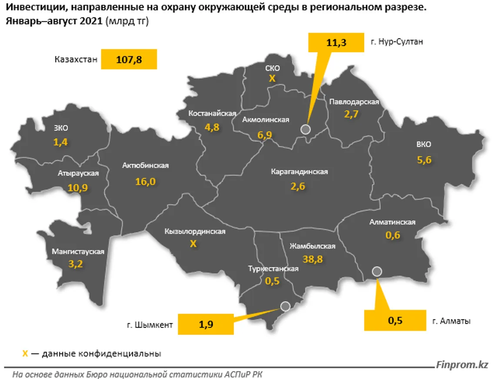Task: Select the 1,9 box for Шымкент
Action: [x=206, y=324]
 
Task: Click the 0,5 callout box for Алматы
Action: [x=395, y=321]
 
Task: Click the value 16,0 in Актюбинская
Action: [x=145, y=181]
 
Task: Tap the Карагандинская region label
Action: [x=299, y=172]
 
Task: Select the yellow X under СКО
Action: [x=272, y=79]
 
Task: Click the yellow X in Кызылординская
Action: [x=193, y=244]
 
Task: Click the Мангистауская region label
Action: [x=78, y=251]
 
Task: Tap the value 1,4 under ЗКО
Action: [x=61, y=142]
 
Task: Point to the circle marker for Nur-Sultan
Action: [x=306, y=129]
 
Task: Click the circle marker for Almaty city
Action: [x=377, y=271]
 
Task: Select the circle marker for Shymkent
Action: [x=285, y=306]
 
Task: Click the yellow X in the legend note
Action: [x=25, y=354]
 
